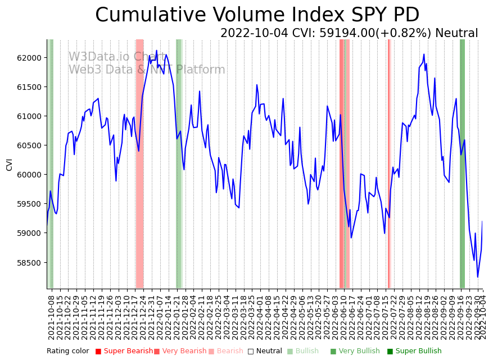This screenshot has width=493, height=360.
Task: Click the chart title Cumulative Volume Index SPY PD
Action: pos(257,15)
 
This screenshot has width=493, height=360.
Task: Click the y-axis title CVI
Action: pos(9,164)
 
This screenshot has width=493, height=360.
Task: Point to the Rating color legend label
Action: pos(67,351)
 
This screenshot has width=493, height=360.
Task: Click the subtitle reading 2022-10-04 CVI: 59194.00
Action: pos(349,33)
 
